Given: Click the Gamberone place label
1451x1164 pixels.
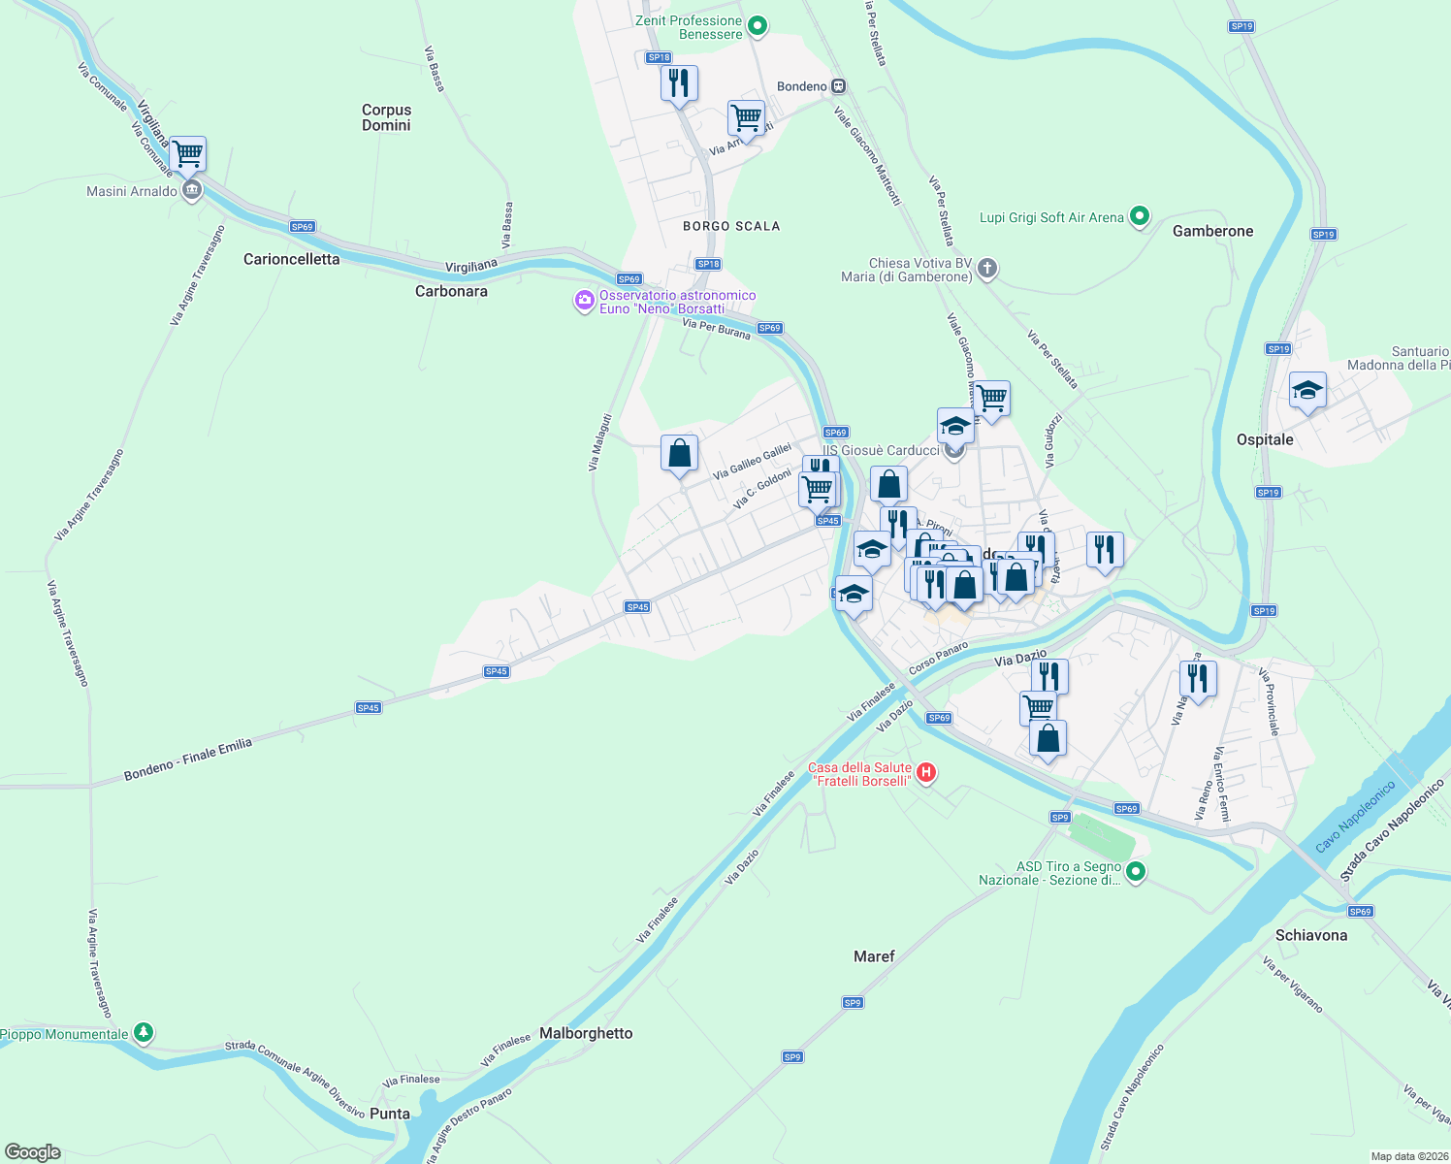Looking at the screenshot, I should point(1212,231).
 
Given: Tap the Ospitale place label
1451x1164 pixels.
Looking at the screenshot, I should point(1265,439).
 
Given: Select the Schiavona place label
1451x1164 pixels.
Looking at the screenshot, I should point(1311,935).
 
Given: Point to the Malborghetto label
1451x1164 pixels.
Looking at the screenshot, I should point(586,1033).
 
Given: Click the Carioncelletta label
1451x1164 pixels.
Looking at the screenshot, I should point(291,259).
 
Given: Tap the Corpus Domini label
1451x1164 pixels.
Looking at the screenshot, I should point(386,117).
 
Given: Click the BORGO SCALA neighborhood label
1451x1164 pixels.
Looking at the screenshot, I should point(731,226).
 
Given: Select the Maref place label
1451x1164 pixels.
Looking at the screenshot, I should point(874,956).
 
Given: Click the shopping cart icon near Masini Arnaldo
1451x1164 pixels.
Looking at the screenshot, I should point(187,153).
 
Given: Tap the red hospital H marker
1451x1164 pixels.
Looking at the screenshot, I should point(926,773).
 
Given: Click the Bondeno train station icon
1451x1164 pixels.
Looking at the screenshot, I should point(838,86).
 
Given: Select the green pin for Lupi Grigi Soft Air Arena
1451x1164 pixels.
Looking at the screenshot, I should point(1140,216).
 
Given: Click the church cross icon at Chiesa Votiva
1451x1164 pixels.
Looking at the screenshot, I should point(986,269).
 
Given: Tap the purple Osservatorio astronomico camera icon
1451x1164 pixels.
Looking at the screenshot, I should point(584,301).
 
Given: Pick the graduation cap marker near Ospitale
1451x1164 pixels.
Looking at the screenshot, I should point(1307,391).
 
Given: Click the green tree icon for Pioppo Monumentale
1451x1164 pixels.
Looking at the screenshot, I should point(144,1033).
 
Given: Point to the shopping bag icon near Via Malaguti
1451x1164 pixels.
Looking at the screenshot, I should point(679,453).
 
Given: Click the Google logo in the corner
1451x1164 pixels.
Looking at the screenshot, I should point(33,1152).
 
